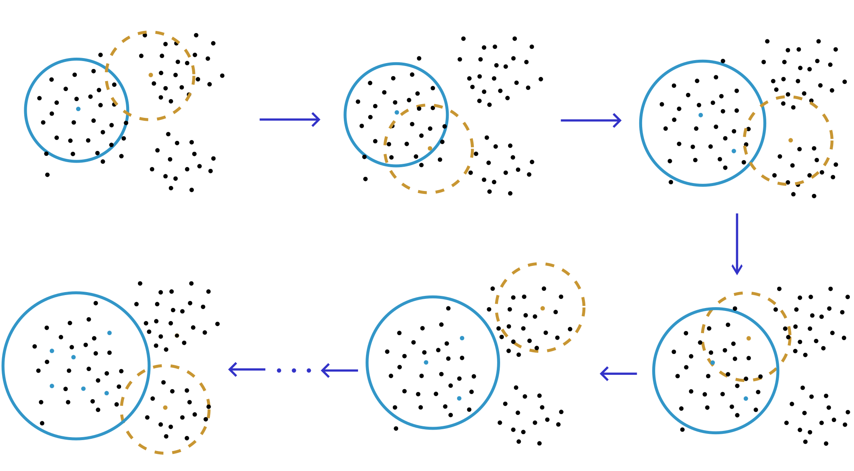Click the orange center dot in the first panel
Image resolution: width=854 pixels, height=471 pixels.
click(x=151, y=75)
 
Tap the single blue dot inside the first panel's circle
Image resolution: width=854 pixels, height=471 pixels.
click(x=78, y=109)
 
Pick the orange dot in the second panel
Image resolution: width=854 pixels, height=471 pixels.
click(x=430, y=148)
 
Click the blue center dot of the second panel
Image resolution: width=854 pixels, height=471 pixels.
click(x=396, y=112)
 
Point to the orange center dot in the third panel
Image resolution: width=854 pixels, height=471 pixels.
click(x=790, y=140)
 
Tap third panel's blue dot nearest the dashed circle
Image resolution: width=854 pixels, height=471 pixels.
click(x=734, y=151)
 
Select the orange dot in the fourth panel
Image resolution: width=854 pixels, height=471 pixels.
click(x=748, y=339)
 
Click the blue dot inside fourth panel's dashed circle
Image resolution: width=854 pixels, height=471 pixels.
click(x=713, y=363)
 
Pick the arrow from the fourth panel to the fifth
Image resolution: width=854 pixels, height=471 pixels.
click(x=618, y=373)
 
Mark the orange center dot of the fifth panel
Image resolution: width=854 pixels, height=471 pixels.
click(x=542, y=308)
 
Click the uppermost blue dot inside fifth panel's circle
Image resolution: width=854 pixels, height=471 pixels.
click(x=462, y=338)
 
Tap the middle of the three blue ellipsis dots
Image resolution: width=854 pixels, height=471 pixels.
click(x=294, y=370)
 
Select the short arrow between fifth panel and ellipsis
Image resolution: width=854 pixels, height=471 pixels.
click(x=339, y=370)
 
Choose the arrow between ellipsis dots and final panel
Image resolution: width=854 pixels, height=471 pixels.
click(x=247, y=369)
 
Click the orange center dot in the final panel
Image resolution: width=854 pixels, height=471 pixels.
click(x=165, y=407)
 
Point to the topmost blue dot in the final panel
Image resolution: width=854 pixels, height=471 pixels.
click(x=109, y=333)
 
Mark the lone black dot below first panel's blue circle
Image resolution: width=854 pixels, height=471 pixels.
click(x=47, y=175)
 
